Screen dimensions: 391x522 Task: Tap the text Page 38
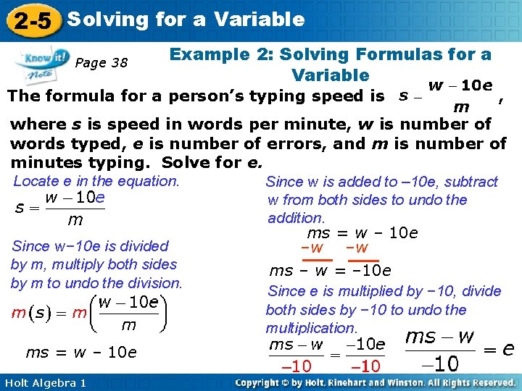coord(101,62)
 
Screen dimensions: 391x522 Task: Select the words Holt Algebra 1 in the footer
coord(45,382)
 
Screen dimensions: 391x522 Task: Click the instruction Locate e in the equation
coord(96,181)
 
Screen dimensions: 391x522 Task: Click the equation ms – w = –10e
coord(330,271)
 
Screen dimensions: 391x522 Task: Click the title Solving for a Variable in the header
coord(186,19)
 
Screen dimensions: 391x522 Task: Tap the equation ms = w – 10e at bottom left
coord(80,353)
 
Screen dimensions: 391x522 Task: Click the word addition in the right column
coord(296,218)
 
